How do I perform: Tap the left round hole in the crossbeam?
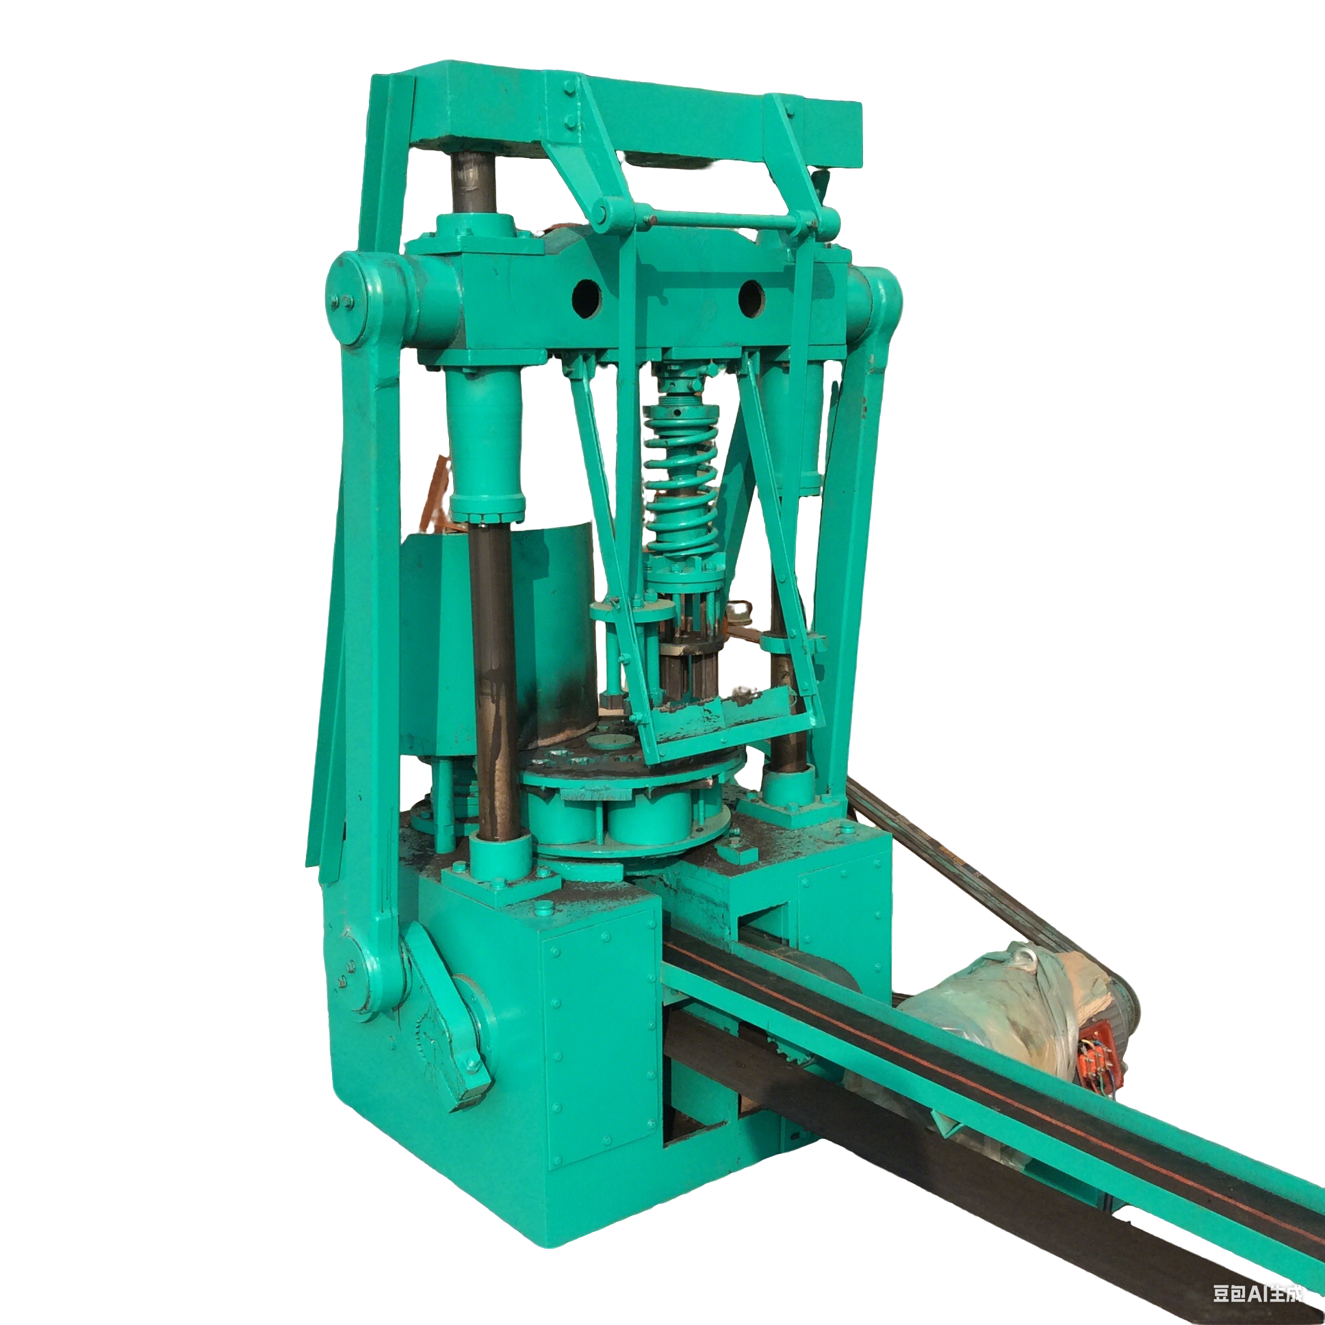tap(587, 299)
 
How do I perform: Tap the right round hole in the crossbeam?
tap(751, 299)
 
